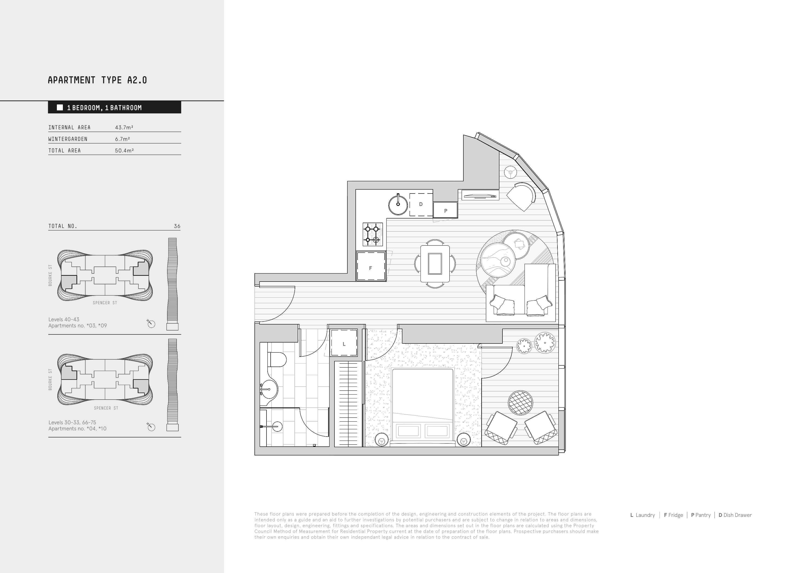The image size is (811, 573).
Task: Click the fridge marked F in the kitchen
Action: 370,266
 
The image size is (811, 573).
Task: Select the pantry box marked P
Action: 445,210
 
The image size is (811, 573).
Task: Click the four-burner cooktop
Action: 373,234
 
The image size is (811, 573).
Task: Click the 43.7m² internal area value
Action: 124,127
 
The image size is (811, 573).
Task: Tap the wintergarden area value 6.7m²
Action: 122,139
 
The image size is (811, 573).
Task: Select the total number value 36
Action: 177,226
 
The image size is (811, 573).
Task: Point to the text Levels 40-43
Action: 64,319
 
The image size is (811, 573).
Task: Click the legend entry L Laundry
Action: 643,515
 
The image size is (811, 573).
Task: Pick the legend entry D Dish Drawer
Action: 735,515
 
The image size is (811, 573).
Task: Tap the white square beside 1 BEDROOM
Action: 60,107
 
